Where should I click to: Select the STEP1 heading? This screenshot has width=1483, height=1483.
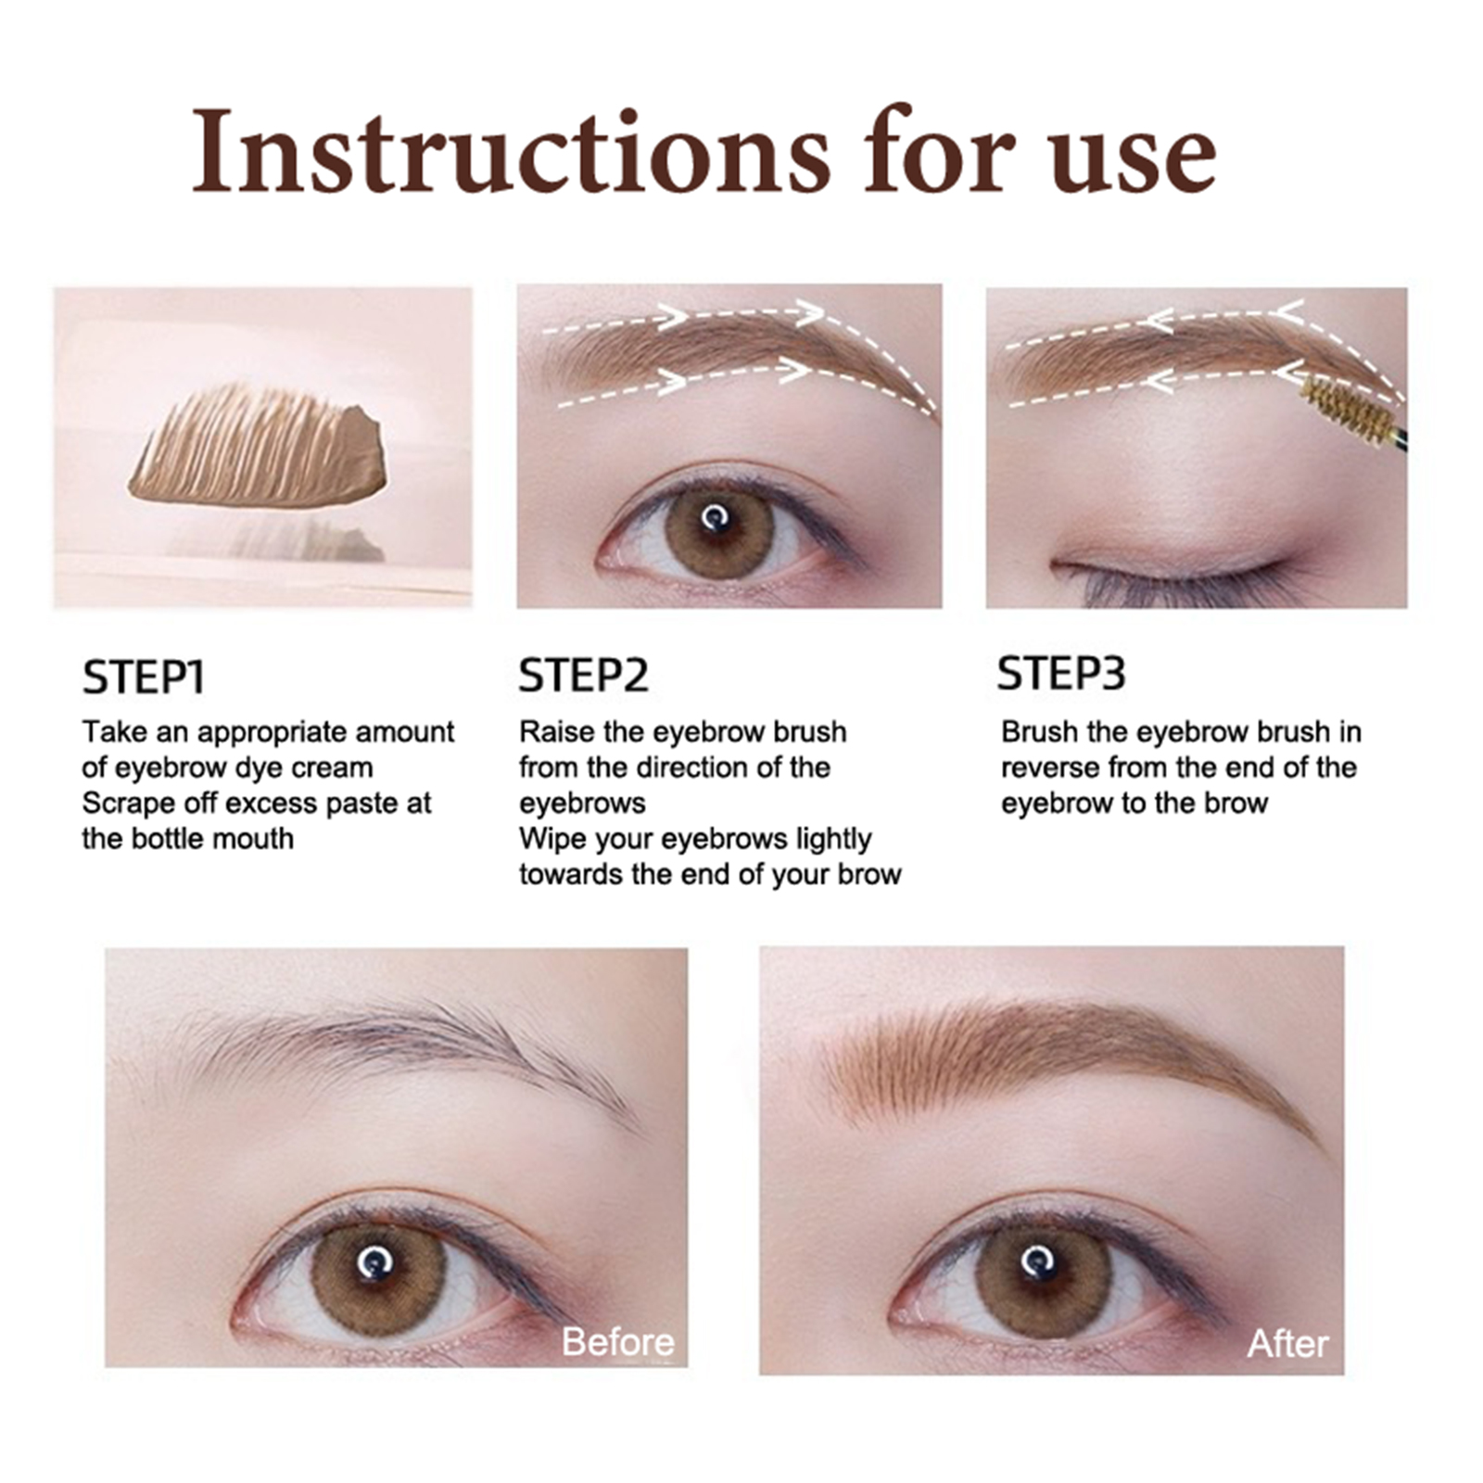coord(143,677)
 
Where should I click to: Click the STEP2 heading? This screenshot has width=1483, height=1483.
coord(583,675)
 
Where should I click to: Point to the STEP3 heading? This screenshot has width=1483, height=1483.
coord(1061,673)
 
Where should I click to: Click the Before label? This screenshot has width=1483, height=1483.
coord(618,1341)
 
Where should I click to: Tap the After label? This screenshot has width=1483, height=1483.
coord(1287,1343)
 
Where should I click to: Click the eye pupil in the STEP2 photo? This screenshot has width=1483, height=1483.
coord(715,517)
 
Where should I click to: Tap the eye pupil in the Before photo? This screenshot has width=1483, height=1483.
coord(375,1260)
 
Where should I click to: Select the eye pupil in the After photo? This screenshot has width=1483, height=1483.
coord(1038,1261)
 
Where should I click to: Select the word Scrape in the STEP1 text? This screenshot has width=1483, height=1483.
coord(126,803)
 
